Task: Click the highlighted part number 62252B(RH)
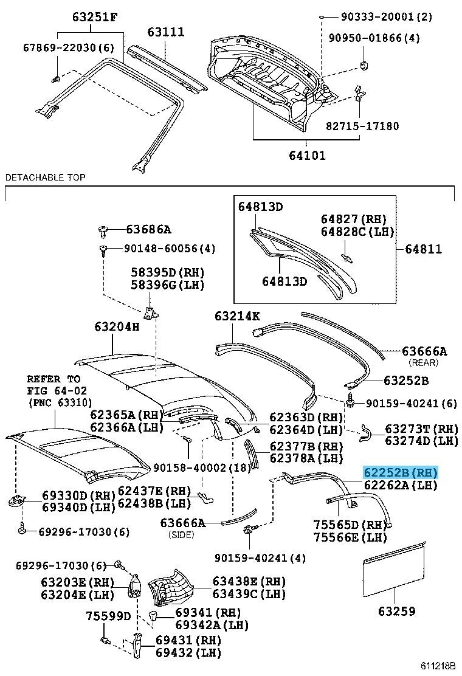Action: click(401, 472)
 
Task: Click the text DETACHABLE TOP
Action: click(45, 178)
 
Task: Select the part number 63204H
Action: click(117, 326)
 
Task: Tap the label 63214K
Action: click(237, 316)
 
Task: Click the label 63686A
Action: click(148, 229)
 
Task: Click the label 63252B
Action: click(405, 381)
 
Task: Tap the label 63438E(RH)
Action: click(249, 581)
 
